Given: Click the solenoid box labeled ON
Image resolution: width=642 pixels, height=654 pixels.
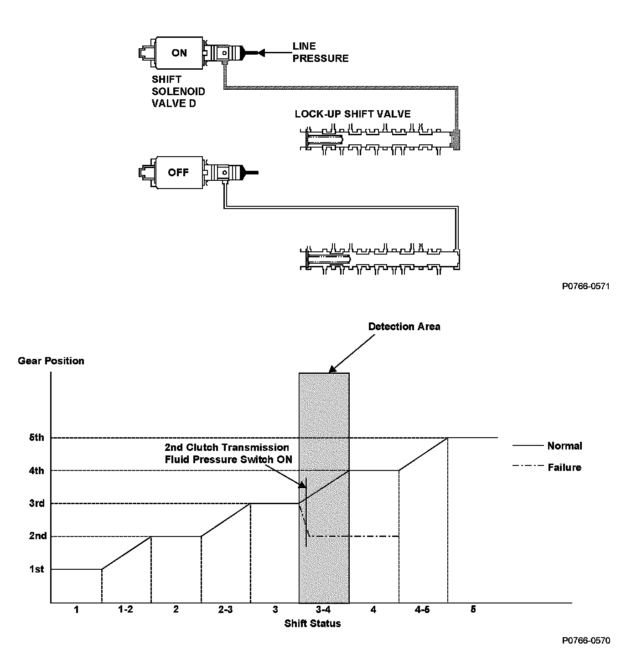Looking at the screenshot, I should pyautogui.click(x=179, y=53).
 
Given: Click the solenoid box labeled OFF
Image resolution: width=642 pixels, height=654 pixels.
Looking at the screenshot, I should pyautogui.click(x=178, y=173).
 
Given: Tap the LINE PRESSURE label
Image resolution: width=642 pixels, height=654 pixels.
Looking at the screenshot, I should pyautogui.click(x=320, y=52).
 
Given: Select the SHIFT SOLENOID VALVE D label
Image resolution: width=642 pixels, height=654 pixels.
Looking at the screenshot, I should pyautogui.click(x=178, y=91).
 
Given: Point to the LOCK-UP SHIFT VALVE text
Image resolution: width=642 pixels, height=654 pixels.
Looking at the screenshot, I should pyautogui.click(x=352, y=114).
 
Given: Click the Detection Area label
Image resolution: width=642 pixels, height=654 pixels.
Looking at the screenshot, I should pyautogui.click(x=404, y=327).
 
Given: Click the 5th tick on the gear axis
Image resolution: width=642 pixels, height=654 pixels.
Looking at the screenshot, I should pyautogui.click(x=37, y=438).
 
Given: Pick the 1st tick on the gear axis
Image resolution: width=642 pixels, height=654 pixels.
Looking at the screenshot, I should pyautogui.click(x=37, y=569).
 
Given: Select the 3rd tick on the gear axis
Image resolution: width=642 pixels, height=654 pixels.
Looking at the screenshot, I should pyautogui.click(x=37, y=503).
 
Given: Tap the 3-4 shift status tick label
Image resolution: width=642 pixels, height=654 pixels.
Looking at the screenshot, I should pyautogui.click(x=323, y=610).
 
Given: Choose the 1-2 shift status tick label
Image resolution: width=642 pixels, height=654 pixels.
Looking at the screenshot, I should pyautogui.click(x=125, y=610).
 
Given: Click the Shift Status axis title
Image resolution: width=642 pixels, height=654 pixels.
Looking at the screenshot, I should pyautogui.click(x=312, y=623).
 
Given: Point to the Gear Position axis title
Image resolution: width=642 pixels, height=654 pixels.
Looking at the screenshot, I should pyautogui.click(x=51, y=361).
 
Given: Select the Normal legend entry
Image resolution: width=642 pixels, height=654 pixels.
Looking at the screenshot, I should pyautogui.click(x=564, y=446).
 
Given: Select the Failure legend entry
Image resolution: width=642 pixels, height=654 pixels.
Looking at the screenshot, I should pyautogui.click(x=564, y=467).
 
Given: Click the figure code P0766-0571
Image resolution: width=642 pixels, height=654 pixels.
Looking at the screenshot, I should pyautogui.click(x=585, y=286).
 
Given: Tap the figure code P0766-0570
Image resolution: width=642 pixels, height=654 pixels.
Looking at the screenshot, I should pyautogui.click(x=585, y=640).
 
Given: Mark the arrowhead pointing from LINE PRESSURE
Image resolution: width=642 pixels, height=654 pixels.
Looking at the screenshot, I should pyautogui.click(x=261, y=53).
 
